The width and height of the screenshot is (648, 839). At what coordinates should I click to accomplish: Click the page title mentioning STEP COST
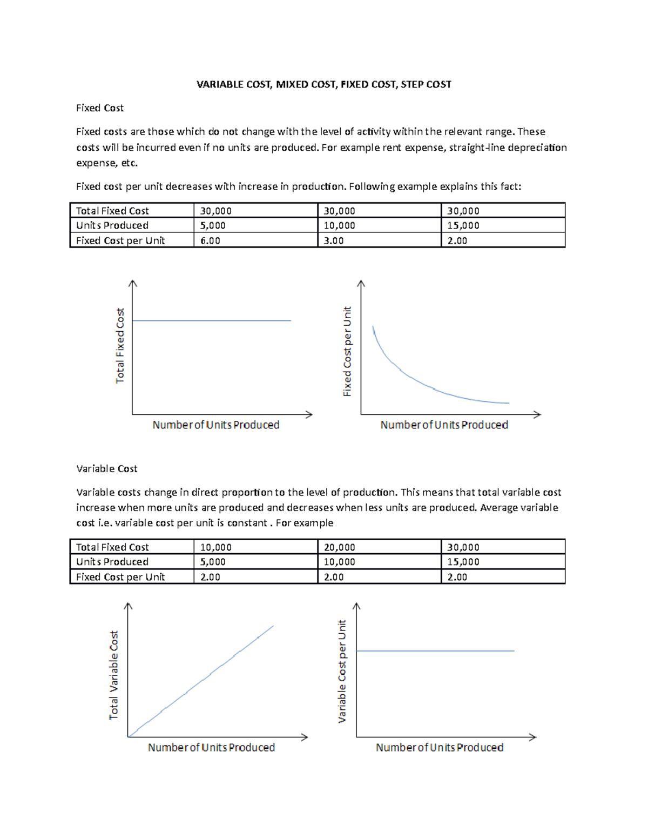323,84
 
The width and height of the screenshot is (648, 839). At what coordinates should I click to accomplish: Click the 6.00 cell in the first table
210,241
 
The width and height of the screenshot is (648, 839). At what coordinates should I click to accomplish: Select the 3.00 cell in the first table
334,241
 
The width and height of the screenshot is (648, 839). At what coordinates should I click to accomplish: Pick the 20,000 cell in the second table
339,547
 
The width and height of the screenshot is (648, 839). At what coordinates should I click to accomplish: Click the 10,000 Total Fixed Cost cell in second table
215,547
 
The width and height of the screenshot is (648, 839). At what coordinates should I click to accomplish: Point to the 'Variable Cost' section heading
106,468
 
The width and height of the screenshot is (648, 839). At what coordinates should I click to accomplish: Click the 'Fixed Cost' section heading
99,108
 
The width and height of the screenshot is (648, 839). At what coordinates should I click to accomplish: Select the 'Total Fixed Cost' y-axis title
120,346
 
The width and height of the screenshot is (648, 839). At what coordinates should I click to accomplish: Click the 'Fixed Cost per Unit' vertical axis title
347,351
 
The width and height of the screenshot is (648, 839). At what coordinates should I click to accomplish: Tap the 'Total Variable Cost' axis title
113,675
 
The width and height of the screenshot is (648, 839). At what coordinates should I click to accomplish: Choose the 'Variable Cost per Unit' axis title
342,671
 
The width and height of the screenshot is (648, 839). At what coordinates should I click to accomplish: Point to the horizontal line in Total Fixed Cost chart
211,320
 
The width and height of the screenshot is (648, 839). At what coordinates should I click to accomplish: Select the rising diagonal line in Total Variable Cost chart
211,673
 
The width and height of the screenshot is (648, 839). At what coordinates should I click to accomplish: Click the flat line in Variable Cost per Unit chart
435,651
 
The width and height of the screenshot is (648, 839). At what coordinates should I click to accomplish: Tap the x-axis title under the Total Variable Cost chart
211,747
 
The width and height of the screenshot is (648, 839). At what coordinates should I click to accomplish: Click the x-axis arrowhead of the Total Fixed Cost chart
309,414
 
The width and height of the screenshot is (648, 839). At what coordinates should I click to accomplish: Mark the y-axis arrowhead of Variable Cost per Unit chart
356,606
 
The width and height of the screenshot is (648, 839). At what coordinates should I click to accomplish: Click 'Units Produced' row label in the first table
112,226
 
